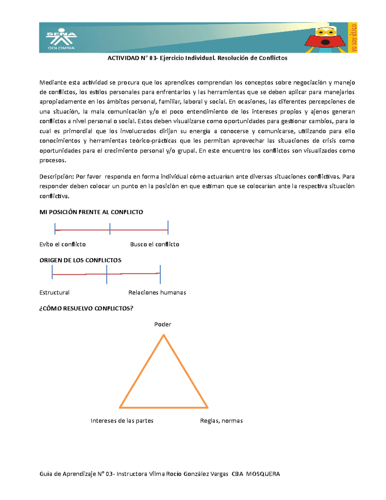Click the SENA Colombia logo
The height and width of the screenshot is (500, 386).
click(61, 40)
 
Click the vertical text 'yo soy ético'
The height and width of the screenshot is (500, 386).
click(354, 38)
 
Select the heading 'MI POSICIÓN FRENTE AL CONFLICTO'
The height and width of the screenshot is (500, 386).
click(91, 212)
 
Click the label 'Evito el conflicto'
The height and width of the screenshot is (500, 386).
click(62, 244)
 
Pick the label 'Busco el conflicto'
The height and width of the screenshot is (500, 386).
click(154, 244)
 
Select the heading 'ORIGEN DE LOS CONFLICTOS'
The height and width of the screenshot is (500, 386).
click(80, 260)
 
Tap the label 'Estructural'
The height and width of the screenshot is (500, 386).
click(54, 292)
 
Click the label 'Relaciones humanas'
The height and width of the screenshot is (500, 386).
click(157, 292)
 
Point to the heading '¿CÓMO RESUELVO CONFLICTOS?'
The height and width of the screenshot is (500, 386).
click(86, 308)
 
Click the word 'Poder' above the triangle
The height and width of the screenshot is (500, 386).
click(162, 324)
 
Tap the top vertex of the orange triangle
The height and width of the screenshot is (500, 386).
click(164, 335)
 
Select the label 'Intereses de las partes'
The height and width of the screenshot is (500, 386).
click(122, 421)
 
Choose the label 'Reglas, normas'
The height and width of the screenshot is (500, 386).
click(221, 421)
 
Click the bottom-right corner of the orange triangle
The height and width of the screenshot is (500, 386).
click(207, 407)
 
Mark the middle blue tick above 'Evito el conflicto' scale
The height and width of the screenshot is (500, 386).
click(110, 229)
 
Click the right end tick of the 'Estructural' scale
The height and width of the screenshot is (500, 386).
click(160, 274)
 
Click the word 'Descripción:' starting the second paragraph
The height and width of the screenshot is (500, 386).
click(57, 176)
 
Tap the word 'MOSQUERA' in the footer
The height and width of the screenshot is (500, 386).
click(263, 474)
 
